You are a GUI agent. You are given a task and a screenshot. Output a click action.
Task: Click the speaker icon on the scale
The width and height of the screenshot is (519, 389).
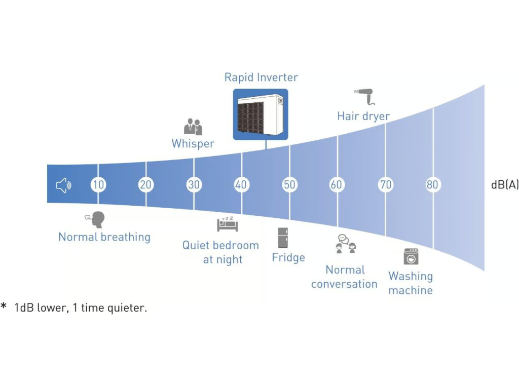coord(63,185)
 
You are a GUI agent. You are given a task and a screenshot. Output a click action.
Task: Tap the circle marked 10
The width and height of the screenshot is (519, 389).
coord(98,185)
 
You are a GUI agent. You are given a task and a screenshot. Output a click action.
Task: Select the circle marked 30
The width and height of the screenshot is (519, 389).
coord(194,185)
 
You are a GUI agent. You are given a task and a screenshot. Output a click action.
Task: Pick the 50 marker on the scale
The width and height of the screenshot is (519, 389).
coord(289,185)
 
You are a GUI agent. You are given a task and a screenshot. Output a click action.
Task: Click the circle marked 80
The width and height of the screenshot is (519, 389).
coord(432,185)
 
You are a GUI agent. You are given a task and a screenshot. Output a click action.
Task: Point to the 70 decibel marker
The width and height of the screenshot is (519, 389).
coord(386,185)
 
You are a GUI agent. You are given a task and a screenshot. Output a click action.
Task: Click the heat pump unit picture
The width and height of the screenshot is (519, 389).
coord(261,114)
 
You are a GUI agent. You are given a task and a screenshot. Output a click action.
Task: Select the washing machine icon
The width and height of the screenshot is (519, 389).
coord(411,256)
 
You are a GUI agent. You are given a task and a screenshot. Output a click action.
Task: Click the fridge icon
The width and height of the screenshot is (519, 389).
coord(283,238)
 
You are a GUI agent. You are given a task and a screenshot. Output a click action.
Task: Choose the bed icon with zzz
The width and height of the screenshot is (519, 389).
coord(227,223)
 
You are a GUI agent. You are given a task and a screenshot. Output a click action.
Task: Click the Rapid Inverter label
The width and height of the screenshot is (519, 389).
coord(261,77)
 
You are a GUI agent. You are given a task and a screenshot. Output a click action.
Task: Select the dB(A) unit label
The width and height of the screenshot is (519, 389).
coord(504,185)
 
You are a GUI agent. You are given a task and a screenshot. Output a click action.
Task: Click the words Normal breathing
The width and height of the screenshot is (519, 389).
coord(104,237)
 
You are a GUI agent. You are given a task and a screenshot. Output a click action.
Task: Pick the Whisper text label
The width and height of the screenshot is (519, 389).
coord(193,144)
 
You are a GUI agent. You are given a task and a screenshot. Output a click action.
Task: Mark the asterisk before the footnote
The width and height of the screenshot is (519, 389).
coord(4,307)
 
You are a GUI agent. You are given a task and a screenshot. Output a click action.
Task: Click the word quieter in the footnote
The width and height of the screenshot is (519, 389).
coord(127,308)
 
